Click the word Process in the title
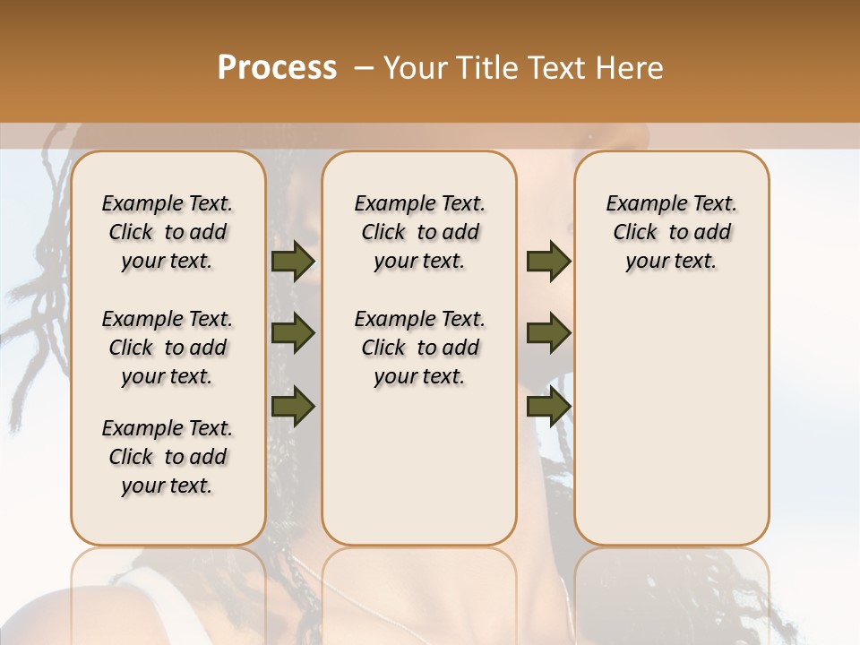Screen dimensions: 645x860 [277, 68]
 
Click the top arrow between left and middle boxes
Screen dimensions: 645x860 [293, 262]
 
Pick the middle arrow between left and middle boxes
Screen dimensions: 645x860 [293, 333]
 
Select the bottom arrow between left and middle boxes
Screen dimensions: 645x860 [293, 406]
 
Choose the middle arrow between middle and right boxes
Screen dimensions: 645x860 [548, 333]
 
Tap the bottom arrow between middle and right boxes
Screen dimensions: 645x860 [548, 406]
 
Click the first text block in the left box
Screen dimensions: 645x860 [168, 232]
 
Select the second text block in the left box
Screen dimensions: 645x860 [168, 348]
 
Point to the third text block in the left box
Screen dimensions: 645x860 [168, 457]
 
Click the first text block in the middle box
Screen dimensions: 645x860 [419, 232]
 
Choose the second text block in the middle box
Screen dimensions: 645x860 [419, 348]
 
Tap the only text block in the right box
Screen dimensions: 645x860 [671, 232]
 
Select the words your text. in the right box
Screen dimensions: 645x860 [671, 262]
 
